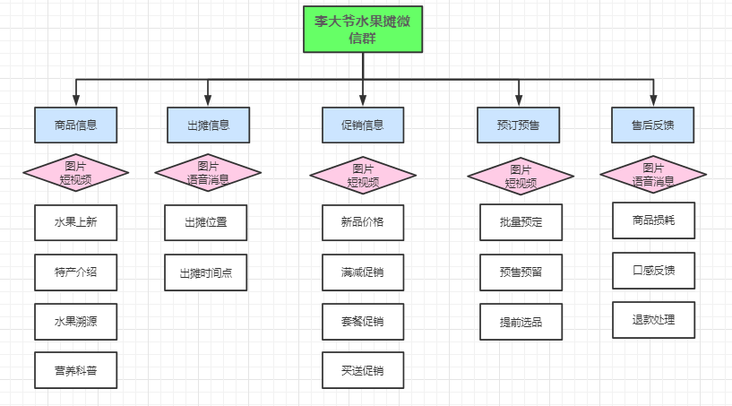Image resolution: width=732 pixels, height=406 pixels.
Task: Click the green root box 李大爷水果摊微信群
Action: [363, 29]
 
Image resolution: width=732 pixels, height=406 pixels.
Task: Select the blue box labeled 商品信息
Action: [76, 125]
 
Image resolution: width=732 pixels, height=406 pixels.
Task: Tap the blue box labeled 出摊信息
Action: [208, 125]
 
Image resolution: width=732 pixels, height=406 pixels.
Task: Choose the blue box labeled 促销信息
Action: [363, 125]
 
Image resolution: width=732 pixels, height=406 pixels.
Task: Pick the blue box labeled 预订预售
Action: [519, 125]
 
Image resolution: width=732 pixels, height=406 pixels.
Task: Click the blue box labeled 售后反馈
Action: [653, 125]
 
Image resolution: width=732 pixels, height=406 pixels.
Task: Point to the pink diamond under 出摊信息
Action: [208, 173]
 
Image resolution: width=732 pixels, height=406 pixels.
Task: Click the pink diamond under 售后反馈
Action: [653, 173]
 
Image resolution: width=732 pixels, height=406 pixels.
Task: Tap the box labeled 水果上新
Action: [76, 222]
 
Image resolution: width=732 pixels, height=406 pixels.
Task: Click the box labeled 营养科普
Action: [76, 369]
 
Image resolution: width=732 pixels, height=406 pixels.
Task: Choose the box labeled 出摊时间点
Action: [206, 272]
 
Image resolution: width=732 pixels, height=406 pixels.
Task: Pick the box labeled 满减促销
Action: [363, 272]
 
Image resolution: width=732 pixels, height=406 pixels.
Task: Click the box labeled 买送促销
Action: [363, 369]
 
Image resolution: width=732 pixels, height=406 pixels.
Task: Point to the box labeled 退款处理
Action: [653, 320]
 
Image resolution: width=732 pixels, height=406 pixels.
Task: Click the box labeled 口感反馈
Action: [653, 271]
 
